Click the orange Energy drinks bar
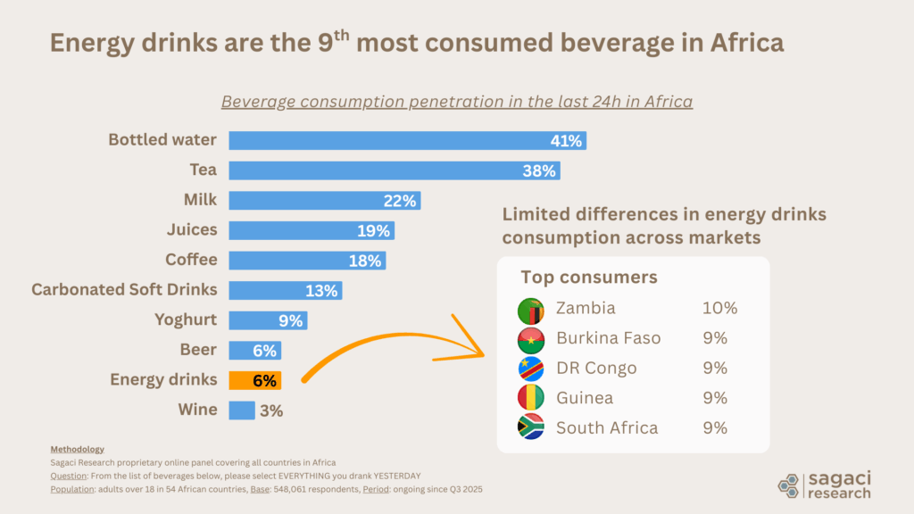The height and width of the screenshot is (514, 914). click(x=254, y=380)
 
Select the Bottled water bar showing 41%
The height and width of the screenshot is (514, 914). click(x=407, y=140)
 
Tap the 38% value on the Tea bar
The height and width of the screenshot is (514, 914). click(x=540, y=170)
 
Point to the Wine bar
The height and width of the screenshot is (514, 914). click(x=242, y=410)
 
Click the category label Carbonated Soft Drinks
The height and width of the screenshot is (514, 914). click(x=124, y=290)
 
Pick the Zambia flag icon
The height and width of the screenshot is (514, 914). click(x=531, y=310)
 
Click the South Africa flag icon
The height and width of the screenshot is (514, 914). click(x=531, y=427)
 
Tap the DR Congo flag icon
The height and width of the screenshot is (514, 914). click(x=531, y=369)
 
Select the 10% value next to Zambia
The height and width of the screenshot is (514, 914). click(x=719, y=309)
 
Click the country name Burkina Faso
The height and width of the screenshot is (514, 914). click(x=608, y=338)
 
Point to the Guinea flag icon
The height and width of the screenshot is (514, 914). click(x=531, y=398)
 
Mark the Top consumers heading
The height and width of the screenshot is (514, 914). click(x=589, y=277)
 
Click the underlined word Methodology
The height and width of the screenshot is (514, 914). click(x=77, y=449)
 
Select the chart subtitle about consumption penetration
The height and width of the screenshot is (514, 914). click(x=457, y=101)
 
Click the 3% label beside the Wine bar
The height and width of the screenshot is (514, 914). click(x=271, y=410)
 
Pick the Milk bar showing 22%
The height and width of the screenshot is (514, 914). click(x=324, y=201)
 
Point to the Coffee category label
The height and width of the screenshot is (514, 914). click(x=191, y=260)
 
